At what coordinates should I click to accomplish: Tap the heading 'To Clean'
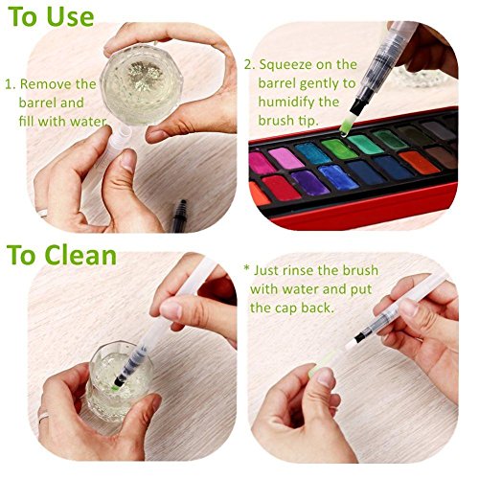61,256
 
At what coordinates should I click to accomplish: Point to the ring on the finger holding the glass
43,415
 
